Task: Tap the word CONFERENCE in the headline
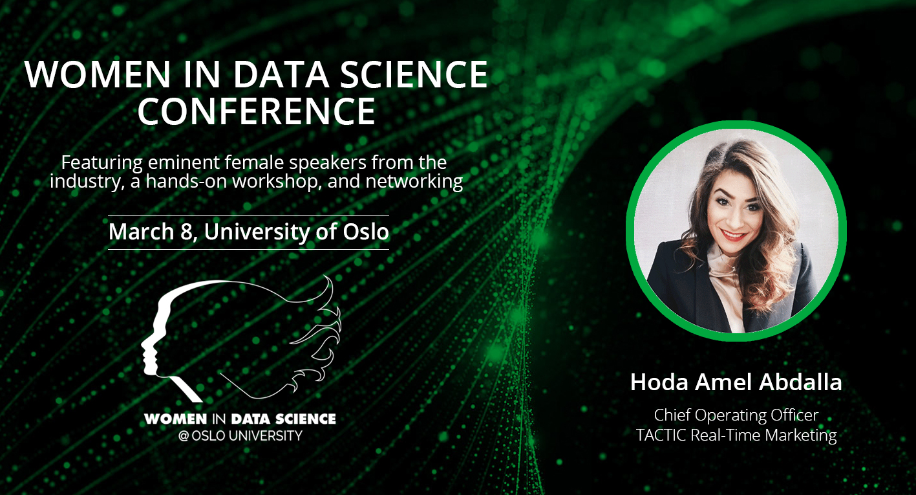click(x=257, y=111)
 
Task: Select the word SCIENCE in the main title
click(x=414, y=74)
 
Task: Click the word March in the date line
click(x=142, y=232)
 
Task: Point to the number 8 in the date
click(x=186, y=232)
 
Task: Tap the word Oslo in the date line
click(x=366, y=232)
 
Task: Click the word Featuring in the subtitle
click(x=102, y=163)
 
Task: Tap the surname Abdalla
click(x=800, y=382)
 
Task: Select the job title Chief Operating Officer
click(x=736, y=415)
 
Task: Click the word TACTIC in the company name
click(x=661, y=435)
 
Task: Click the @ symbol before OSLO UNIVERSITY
click(x=184, y=436)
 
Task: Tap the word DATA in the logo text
click(x=251, y=419)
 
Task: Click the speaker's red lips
click(x=733, y=235)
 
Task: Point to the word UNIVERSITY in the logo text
click(x=266, y=435)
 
